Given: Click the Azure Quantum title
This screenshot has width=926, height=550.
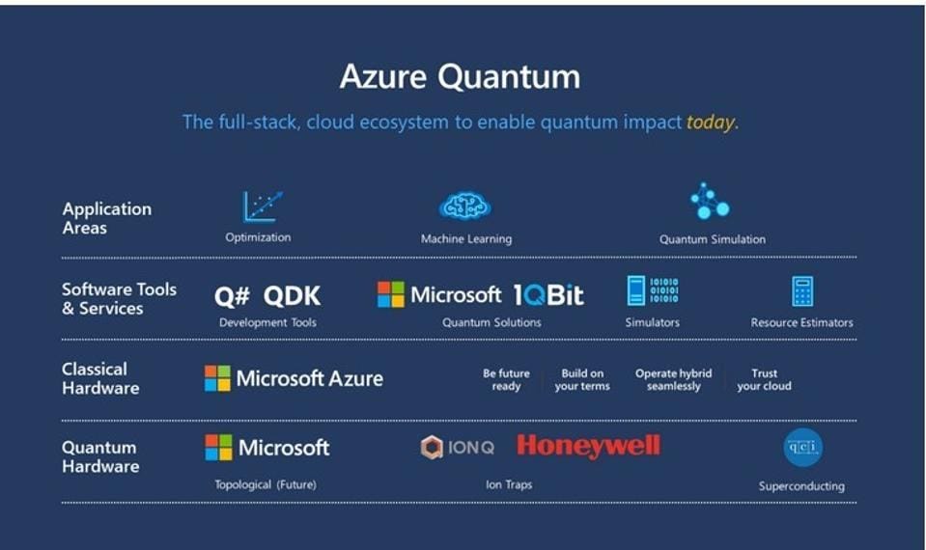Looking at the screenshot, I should [x=459, y=77].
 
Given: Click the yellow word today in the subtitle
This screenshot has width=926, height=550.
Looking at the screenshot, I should [x=711, y=123].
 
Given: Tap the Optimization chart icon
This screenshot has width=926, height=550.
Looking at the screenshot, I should [x=262, y=206].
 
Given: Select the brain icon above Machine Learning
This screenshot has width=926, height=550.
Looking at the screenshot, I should [x=464, y=206].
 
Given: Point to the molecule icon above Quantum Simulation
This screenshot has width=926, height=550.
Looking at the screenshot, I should [x=710, y=202].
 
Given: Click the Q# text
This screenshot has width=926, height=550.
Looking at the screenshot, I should [x=232, y=296].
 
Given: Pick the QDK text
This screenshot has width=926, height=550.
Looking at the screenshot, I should [x=293, y=296].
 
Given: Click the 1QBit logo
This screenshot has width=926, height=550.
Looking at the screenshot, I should [x=548, y=295].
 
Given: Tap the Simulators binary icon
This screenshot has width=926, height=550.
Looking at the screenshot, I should [x=652, y=291].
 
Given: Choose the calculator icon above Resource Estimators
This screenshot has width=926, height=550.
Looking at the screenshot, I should [x=801, y=291].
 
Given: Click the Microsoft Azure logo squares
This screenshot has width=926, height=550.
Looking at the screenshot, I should [x=217, y=378].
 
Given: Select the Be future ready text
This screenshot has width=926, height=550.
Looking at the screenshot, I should [x=506, y=379].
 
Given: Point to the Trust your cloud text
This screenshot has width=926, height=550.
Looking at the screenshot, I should [x=764, y=379].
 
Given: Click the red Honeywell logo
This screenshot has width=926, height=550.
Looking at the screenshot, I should [x=588, y=446].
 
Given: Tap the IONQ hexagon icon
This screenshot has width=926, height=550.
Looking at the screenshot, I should [x=432, y=448].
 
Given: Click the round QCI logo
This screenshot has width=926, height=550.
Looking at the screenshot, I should [x=802, y=448].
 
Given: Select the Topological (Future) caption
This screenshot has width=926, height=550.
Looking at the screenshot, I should [x=265, y=484].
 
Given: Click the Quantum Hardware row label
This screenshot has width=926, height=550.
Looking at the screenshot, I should [x=99, y=456].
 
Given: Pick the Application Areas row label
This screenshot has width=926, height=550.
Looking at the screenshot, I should [x=106, y=218].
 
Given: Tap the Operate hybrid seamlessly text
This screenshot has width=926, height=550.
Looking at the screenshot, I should [x=673, y=379].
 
